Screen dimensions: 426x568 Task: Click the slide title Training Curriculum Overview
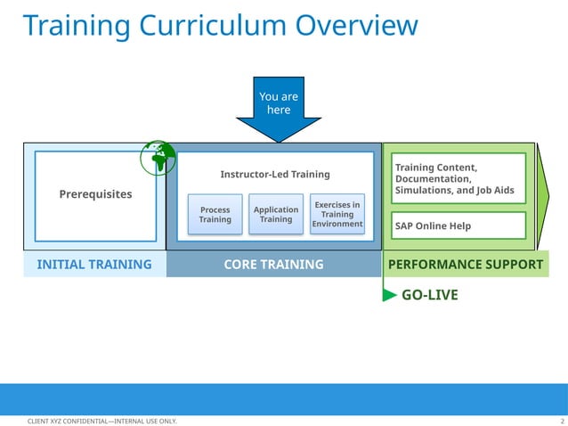pos(219,25)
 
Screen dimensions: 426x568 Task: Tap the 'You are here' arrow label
pos(279,102)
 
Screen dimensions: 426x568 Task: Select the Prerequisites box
pos(95,194)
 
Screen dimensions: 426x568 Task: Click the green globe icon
pos(158,157)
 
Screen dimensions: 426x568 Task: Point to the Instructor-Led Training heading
pos(274,174)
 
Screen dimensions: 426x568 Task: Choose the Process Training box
pos(215,215)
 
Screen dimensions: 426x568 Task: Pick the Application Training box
pos(276,215)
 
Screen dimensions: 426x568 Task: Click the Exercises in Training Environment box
pos(337,214)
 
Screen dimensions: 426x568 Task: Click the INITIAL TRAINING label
pos(94,265)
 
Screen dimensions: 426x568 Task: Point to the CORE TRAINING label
pos(274,265)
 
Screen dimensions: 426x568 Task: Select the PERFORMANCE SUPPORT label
pos(465,265)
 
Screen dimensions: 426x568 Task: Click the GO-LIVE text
pos(430,295)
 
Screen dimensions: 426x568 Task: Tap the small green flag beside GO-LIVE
pos(389,295)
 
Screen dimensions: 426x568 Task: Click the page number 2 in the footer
pos(562,421)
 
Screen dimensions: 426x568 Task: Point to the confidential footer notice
pos(102,421)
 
